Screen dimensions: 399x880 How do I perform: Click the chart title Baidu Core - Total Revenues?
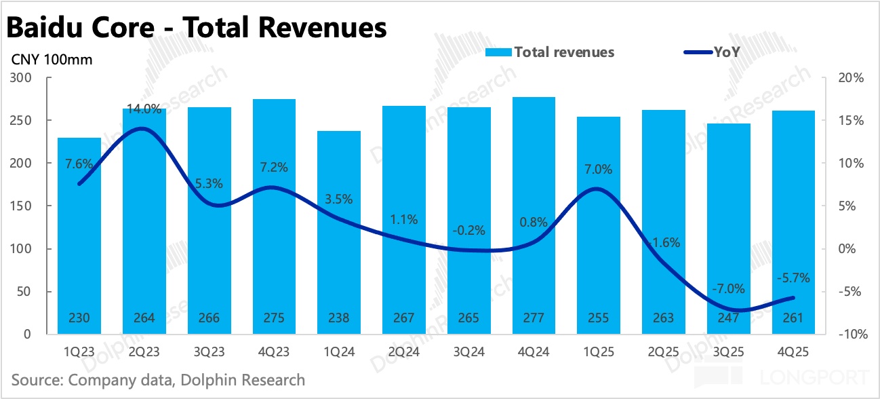pos(197,28)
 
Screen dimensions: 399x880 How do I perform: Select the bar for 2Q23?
pos(144,224)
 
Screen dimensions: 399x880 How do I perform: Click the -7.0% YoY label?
pos(729,288)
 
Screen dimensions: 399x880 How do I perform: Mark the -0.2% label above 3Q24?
pos(469,230)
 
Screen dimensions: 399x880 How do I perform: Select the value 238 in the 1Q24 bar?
pos(339,318)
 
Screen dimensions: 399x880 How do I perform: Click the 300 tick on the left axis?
pos(22,78)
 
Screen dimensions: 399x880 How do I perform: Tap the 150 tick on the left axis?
pos(22,206)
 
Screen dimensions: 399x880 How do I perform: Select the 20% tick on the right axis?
pos(850,78)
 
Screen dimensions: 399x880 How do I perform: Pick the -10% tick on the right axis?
pos(849,335)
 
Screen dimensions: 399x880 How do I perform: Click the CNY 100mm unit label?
pos(52,60)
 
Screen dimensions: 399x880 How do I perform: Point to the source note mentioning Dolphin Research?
pos(158,379)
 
